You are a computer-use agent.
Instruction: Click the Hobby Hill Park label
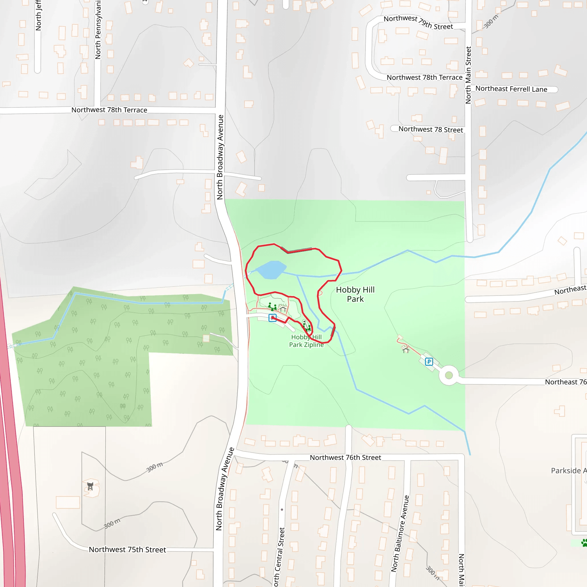coord(355,294)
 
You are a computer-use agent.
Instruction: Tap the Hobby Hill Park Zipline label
coord(306,341)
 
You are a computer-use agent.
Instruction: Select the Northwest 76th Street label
coord(345,457)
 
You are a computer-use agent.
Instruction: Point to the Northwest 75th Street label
coord(127,550)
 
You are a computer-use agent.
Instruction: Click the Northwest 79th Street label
coord(418,22)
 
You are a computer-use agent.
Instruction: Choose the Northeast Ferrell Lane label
coord(511,89)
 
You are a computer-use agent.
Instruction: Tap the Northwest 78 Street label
coord(431,130)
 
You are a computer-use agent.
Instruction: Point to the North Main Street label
coord(468,75)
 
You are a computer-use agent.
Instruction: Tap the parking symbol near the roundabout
coord(429,361)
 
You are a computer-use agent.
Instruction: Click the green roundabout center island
coord(449,375)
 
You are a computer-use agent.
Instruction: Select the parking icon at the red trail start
coord(273,318)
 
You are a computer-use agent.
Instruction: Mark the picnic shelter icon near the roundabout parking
coord(406,350)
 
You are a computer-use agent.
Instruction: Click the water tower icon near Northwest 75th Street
coord(90,486)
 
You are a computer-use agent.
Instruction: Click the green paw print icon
coord(584,542)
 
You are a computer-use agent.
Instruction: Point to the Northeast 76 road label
coord(566,382)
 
